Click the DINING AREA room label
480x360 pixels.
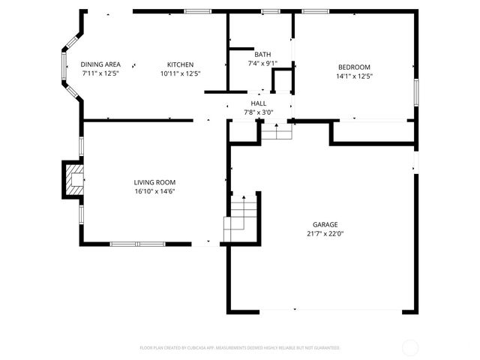point(100,64)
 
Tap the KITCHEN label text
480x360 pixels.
point(181,64)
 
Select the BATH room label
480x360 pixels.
point(262,54)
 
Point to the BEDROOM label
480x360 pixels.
point(354,67)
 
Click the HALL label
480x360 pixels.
point(258,103)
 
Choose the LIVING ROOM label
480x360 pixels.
point(154,182)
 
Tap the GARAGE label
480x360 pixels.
point(325,224)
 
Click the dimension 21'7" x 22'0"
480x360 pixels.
point(325,233)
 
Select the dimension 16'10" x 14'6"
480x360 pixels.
point(154,191)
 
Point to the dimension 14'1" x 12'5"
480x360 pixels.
point(354,76)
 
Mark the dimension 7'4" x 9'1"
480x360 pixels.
point(262,63)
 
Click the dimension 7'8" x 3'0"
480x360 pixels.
point(258,112)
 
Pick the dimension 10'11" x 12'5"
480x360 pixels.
point(181,73)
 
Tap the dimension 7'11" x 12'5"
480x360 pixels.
point(100,73)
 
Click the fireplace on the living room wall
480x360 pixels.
point(73,180)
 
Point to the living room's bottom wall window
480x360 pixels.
point(137,244)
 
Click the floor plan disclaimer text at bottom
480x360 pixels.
point(240,348)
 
